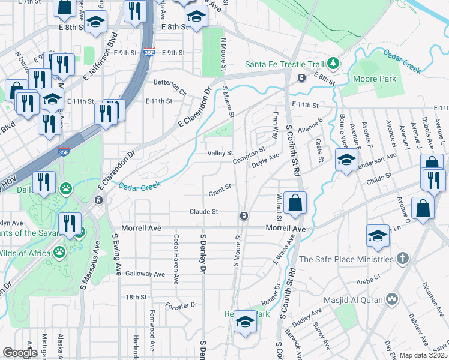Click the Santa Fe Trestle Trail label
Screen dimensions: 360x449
pos(284,64)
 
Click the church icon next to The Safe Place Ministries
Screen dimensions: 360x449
pos(403,259)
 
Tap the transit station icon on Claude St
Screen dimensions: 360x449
pos(244,215)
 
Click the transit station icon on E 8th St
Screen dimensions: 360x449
pos(301,77)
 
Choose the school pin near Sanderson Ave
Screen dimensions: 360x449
pos(346,160)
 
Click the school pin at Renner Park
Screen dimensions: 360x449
pos(245,322)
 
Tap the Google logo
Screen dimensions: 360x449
pos(20,353)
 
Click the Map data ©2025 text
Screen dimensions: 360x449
pos(424,355)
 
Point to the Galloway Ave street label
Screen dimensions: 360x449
pos(145,274)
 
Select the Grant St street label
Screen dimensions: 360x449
pos(220,193)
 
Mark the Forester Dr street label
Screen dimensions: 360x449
pos(181,305)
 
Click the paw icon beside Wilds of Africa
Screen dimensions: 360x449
pos(59,250)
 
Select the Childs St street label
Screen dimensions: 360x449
pos(379,177)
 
